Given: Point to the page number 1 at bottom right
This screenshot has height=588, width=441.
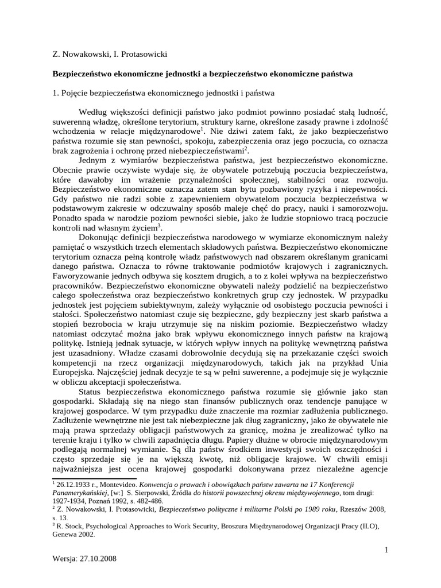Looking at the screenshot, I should click(x=387, y=550).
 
